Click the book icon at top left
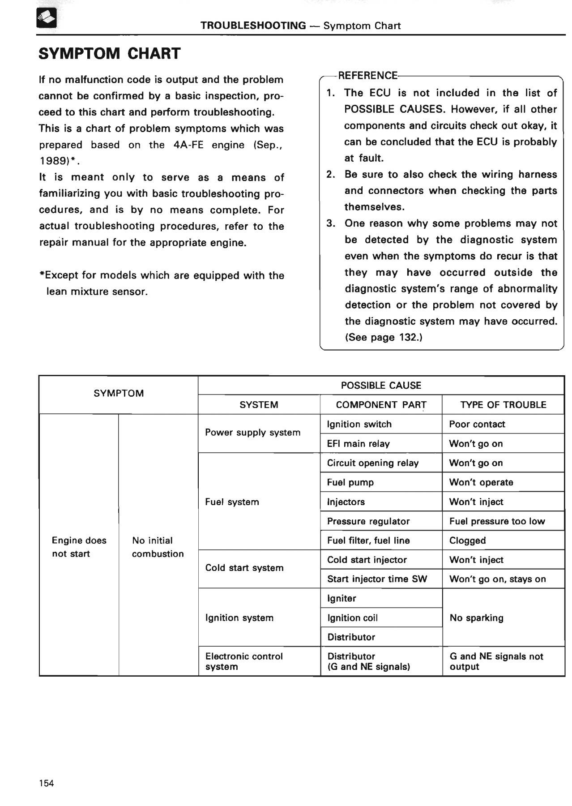tap(47, 19)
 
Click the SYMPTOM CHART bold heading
tap(110, 54)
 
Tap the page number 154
tap(47, 783)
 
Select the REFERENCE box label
tap(367, 75)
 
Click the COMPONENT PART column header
tap(381, 405)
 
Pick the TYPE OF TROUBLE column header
tap(503, 405)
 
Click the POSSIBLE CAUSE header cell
tap(381, 386)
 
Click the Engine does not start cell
tap(79, 547)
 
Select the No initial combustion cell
tap(158, 547)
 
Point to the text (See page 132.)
tap(384, 337)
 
